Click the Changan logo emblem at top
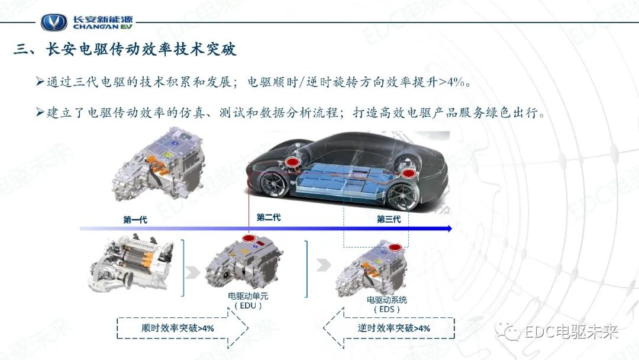click(x=54, y=22)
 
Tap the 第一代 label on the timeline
click(x=135, y=220)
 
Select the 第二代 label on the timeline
click(x=269, y=217)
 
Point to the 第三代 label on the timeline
click(x=389, y=219)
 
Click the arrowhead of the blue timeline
click(x=449, y=228)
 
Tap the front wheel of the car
click(x=274, y=183)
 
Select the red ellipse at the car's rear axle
click(x=409, y=173)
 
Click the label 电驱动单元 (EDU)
click(x=248, y=300)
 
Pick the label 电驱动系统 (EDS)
click(x=387, y=304)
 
